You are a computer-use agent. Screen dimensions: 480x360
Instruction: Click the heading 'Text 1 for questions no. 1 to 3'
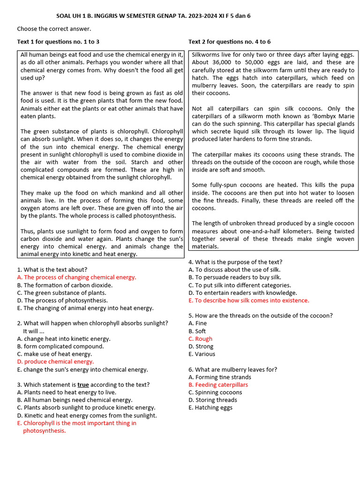point(58,42)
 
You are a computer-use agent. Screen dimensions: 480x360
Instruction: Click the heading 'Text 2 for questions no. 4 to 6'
point(229,42)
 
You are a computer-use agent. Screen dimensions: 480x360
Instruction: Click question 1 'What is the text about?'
point(52,270)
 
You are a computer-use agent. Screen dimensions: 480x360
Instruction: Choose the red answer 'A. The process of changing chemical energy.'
point(76,277)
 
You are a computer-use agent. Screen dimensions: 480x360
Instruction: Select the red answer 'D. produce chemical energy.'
point(55,361)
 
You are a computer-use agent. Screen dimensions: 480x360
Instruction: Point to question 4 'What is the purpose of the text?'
point(235,262)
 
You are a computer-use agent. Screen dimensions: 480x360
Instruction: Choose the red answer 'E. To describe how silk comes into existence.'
point(248,300)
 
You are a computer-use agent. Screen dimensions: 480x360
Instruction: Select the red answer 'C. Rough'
point(200,338)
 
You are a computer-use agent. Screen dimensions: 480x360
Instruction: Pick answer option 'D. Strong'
point(201,346)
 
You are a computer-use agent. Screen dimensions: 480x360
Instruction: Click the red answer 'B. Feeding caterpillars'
point(218,385)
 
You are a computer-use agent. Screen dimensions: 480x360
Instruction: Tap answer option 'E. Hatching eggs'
point(210,407)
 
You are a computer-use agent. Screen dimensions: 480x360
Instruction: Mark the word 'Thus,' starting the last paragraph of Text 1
point(28,231)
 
